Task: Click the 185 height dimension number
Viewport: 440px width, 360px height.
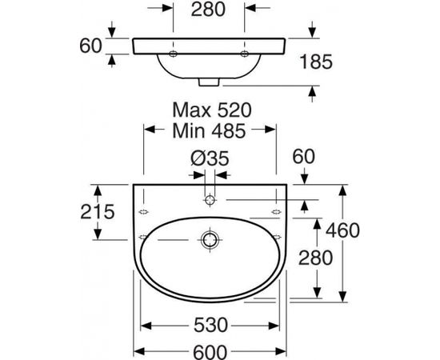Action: pyautogui.click(x=316, y=62)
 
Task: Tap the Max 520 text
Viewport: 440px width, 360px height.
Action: pyautogui.click(x=212, y=110)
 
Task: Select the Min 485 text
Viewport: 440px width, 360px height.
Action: pyautogui.click(x=209, y=130)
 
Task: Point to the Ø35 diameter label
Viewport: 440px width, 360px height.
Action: pyautogui.click(x=210, y=159)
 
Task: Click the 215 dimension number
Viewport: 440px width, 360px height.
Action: pyautogui.click(x=98, y=211)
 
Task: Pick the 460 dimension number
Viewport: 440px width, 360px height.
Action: pyautogui.click(x=342, y=230)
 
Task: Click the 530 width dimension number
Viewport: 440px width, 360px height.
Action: pyautogui.click(x=210, y=326)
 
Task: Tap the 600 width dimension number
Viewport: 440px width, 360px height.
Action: pyautogui.click(x=210, y=352)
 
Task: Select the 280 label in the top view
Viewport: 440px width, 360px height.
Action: pyautogui.click(x=208, y=10)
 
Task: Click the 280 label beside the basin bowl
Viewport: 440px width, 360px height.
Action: pyautogui.click(x=315, y=258)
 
